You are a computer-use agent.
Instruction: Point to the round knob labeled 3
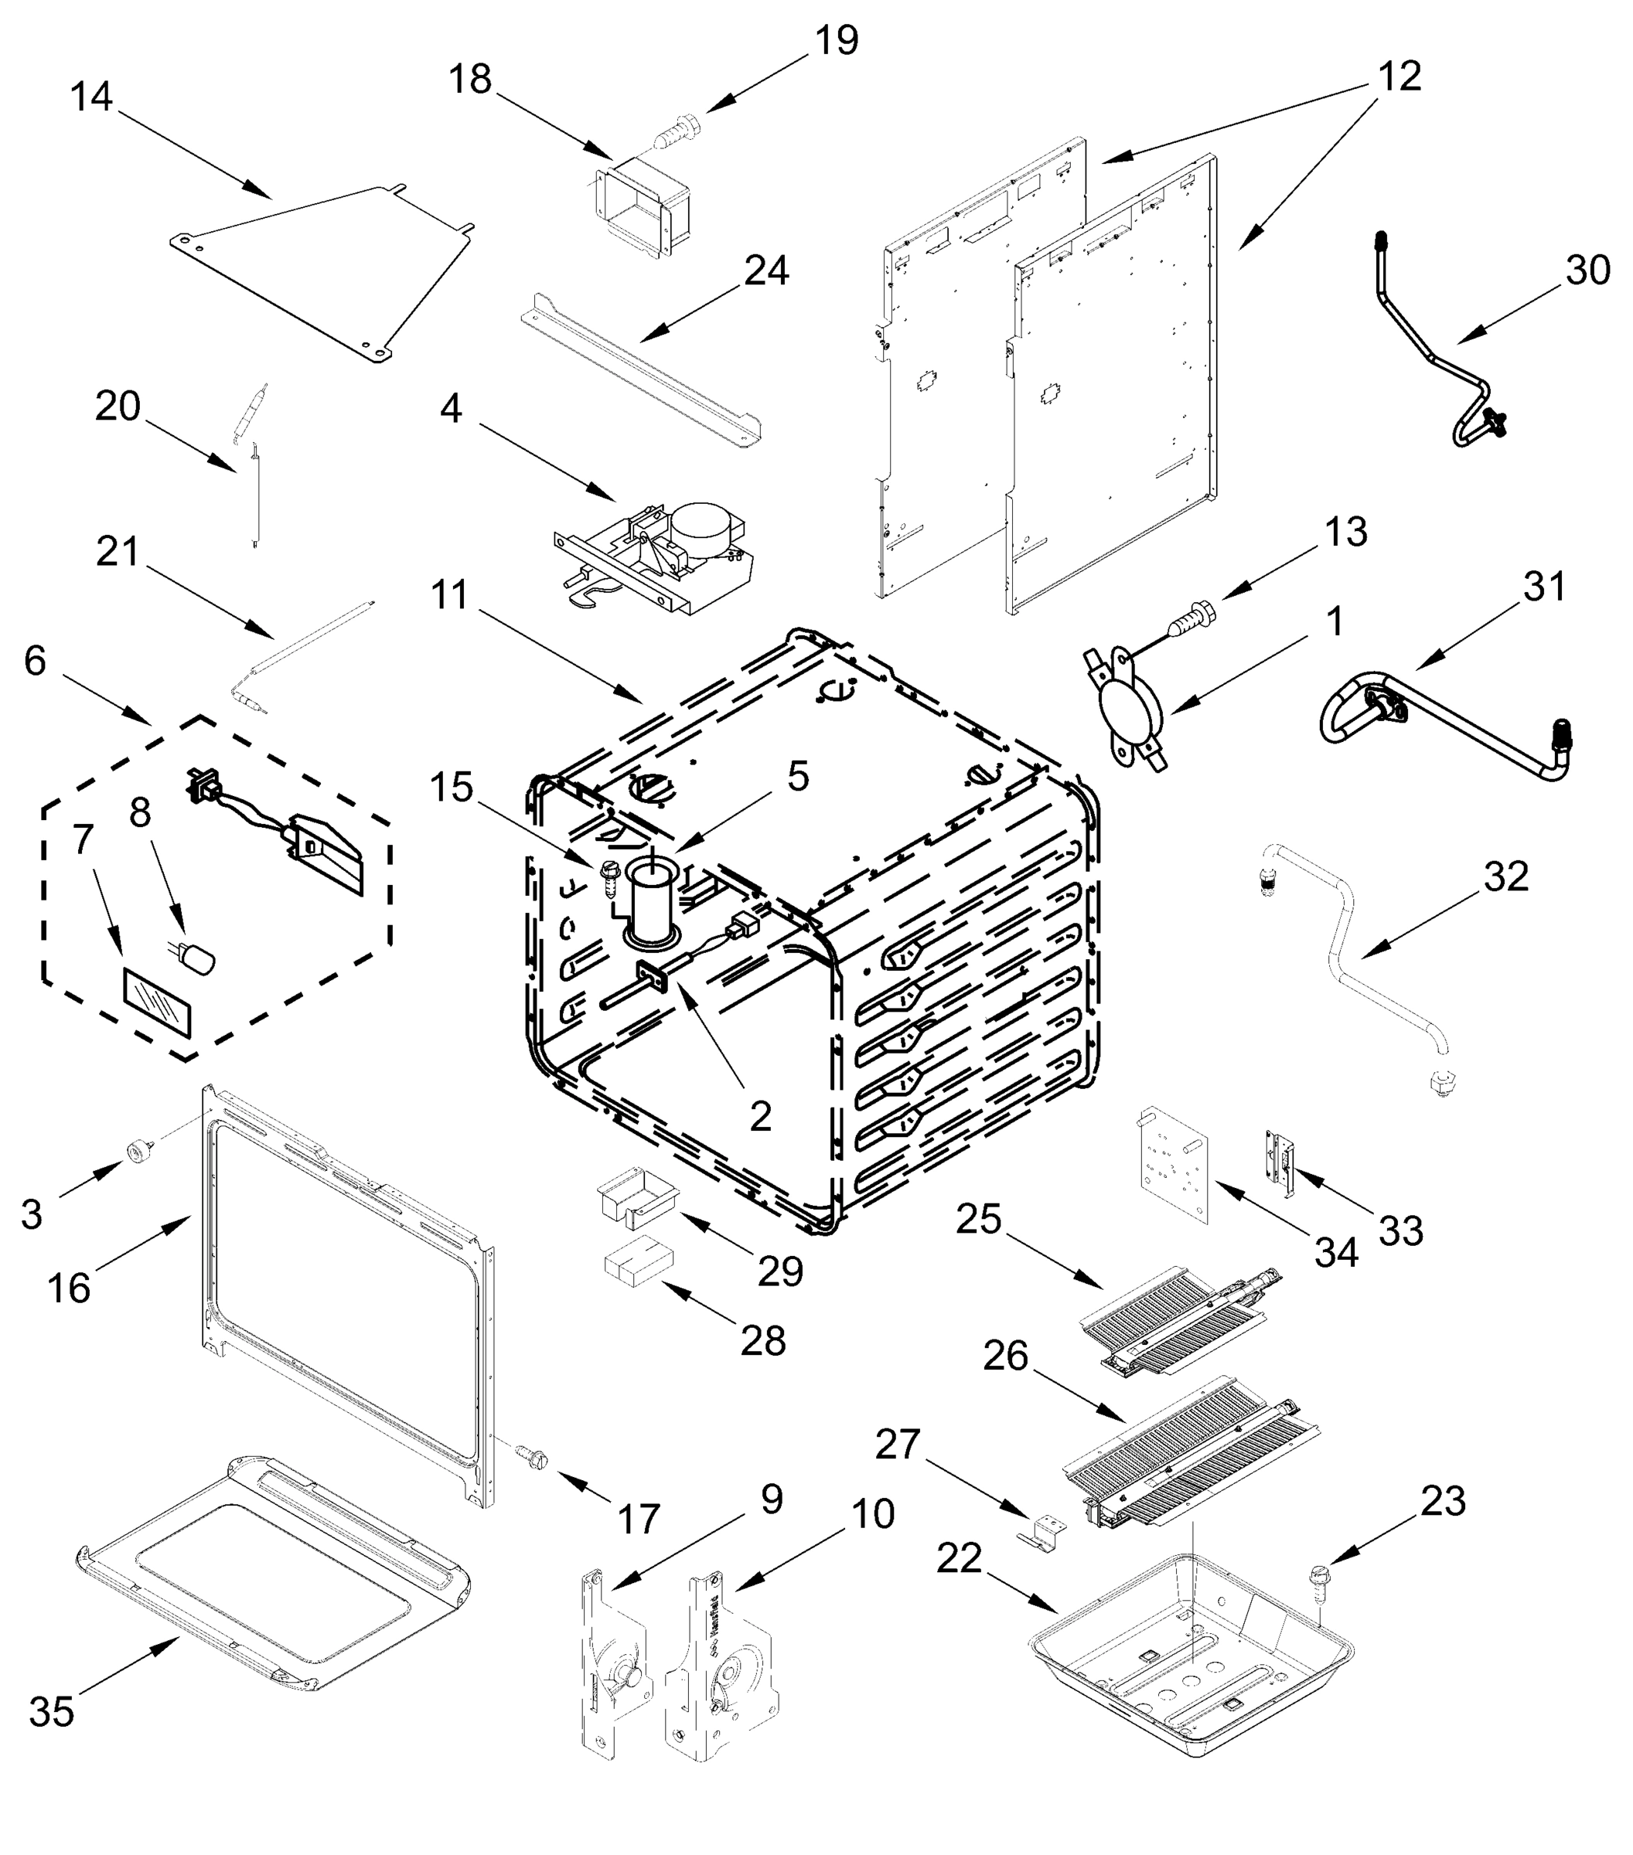click(x=140, y=1151)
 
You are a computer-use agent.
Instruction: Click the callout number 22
click(x=960, y=1558)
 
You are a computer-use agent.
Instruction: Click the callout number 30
click(x=1587, y=270)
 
